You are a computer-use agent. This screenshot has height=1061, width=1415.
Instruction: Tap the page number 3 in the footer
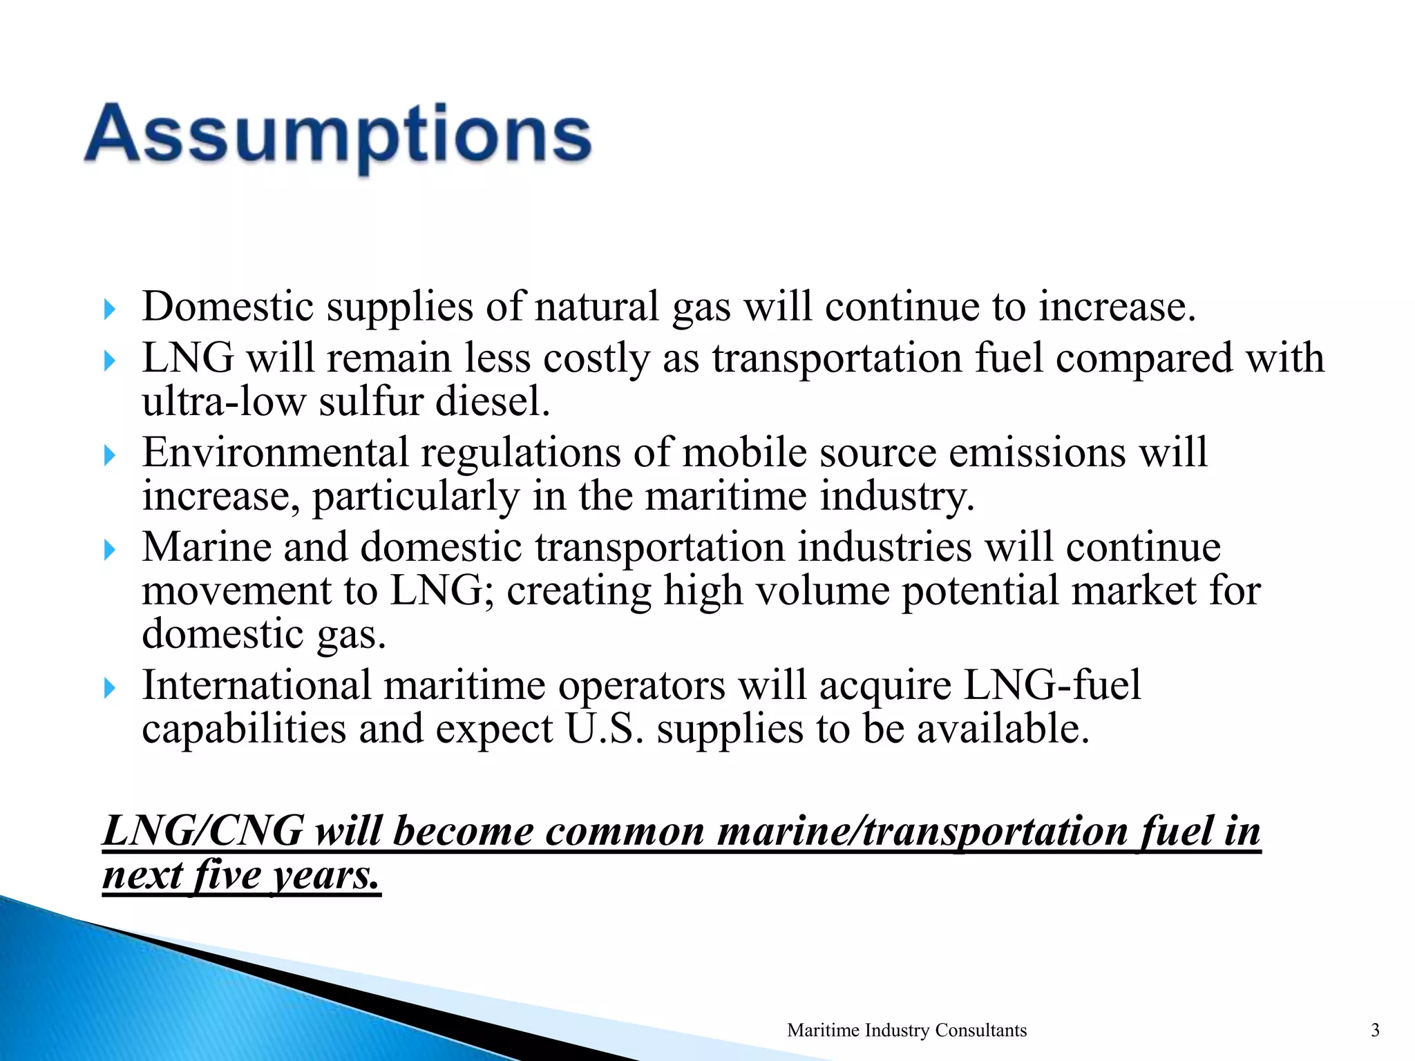1375,1030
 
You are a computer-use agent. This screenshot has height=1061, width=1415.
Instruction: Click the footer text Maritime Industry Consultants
906,1030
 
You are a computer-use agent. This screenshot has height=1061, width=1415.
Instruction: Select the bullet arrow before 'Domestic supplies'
109,309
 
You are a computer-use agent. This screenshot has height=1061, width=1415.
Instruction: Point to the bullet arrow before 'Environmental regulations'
109,455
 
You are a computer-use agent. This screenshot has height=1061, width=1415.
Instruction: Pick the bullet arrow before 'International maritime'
109,688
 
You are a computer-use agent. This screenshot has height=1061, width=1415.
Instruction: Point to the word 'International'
257,685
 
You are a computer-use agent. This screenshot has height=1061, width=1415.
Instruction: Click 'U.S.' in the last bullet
605,729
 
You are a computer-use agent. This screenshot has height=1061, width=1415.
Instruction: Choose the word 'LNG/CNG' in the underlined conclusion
202,830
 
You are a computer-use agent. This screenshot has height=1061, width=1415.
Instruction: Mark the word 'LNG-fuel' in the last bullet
1052,685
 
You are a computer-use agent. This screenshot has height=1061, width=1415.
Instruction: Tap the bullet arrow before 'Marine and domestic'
109,551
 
